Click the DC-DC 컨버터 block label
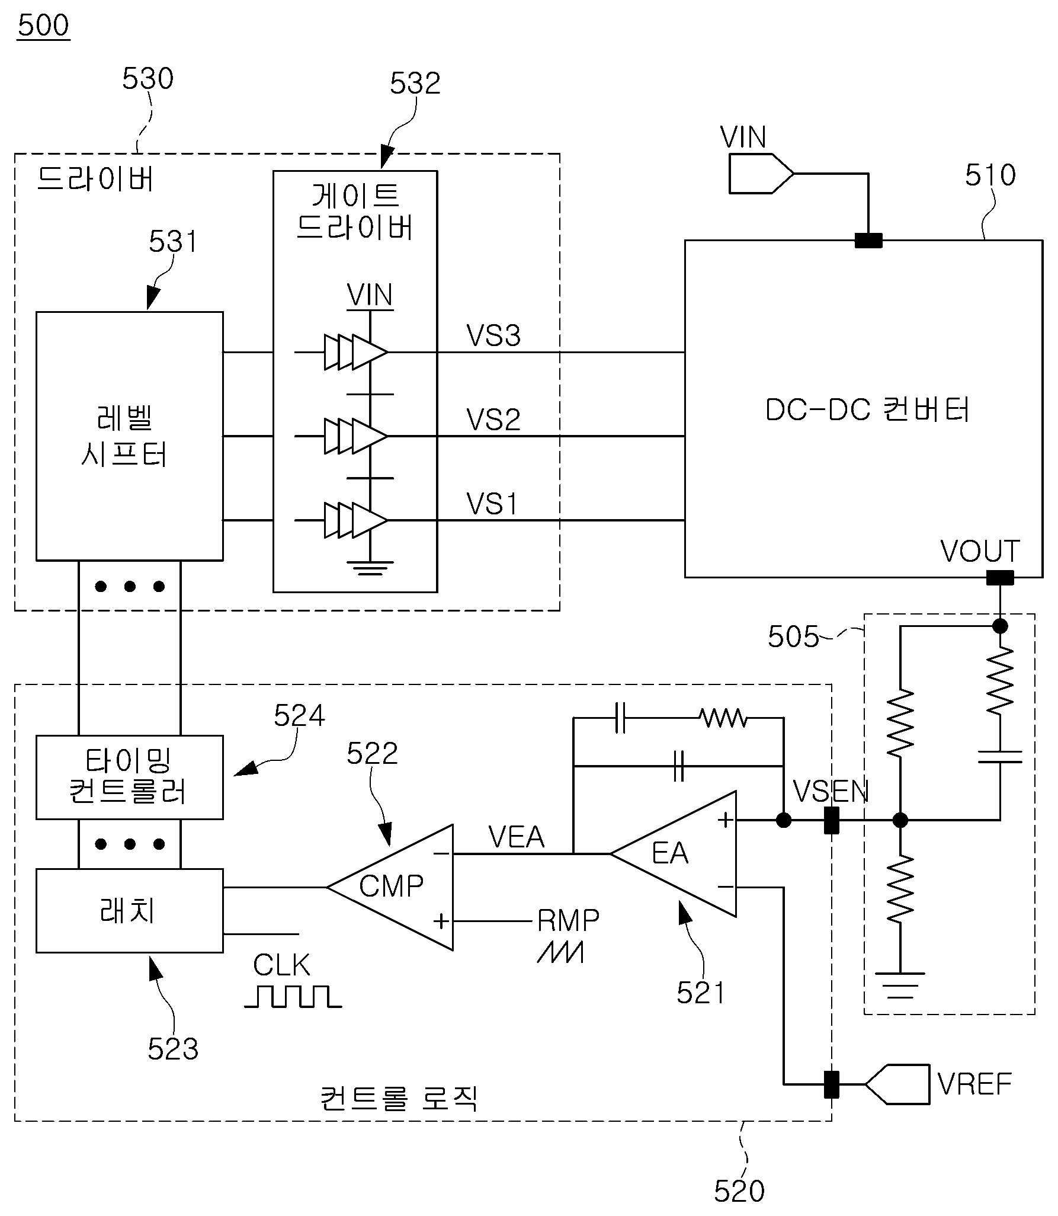[x=867, y=409]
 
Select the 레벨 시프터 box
[x=129, y=436]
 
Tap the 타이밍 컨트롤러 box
[x=129, y=777]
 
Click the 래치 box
[x=129, y=911]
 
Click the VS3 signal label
[x=493, y=335]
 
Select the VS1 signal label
[x=492, y=504]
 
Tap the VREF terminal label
[x=974, y=1084]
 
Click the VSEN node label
[x=831, y=791]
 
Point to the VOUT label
[x=980, y=551]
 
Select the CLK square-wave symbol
[x=293, y=997]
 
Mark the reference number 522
[x=372, y=754]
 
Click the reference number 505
[x=793, y=636]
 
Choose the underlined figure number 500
[x=43, y=25]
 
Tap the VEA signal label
[x=516, y=837]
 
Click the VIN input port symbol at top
[x=761, y=174]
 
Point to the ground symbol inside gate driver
[x=370, y=568]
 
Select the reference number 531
[x=173, y=242]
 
